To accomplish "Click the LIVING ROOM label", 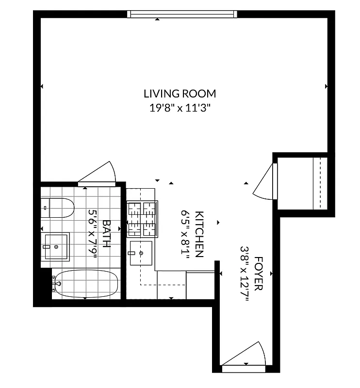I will coord(180,94).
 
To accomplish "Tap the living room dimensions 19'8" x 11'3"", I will coord(180,108).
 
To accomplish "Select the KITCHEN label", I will coord(199,234).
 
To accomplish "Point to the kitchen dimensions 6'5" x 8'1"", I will coord(185,234).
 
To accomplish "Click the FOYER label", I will coord(258,274).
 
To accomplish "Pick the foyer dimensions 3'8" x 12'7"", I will coord(245,274).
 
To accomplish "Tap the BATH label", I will coord(106,234).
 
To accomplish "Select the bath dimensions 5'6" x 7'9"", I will coord(93,234).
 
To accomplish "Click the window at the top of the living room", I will coord(182,14).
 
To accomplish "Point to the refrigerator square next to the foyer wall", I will coord(200,285).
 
